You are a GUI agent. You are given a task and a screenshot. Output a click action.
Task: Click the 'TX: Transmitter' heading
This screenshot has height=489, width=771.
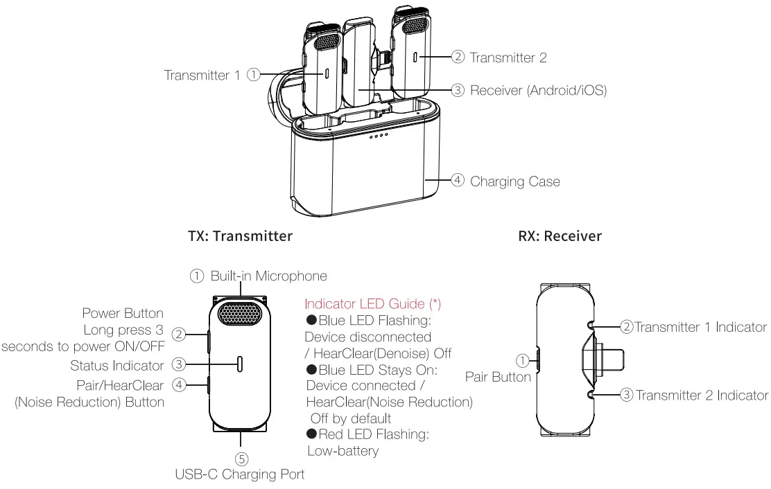tap(240, 236)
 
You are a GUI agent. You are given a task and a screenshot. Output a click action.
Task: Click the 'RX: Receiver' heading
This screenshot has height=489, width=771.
tap(560, 236)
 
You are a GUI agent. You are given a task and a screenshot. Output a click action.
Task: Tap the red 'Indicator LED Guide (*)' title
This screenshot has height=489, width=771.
tap(373, 304)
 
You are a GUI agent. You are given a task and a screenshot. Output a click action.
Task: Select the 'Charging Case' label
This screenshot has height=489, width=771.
tap(514, 181)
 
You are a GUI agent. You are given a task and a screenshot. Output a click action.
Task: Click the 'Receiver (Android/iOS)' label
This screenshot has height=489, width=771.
tap(538, 90)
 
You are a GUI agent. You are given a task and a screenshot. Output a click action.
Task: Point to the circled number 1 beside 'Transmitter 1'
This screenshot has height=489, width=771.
tap(254, 75)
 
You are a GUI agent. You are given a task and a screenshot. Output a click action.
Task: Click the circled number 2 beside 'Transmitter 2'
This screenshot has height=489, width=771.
tap(458, 58)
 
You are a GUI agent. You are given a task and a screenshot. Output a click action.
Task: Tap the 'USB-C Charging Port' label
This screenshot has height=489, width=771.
tap(240, 474)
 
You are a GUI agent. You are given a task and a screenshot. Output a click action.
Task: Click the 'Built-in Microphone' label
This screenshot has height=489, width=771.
tap(268, 276)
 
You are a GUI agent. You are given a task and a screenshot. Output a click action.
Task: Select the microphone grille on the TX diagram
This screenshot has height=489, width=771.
tap(241, 314)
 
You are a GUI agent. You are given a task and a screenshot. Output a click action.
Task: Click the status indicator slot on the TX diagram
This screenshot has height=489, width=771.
tap(241, 364)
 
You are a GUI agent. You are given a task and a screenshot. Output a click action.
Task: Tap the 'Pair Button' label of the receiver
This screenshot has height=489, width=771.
tap(497, 377)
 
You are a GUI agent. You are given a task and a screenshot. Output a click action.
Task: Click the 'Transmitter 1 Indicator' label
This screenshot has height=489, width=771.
tap(701, 327)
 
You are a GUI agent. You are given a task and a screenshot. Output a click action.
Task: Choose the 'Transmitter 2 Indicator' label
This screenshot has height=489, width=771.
tap(702, 395)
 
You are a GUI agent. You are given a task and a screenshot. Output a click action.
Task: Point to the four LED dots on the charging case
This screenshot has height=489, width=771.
tap(378, 136)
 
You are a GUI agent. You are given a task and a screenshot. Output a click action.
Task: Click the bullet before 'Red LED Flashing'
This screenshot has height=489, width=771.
tap(312, 434)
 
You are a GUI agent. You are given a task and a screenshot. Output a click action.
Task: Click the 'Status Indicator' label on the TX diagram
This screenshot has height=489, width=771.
tap(117, 365)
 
